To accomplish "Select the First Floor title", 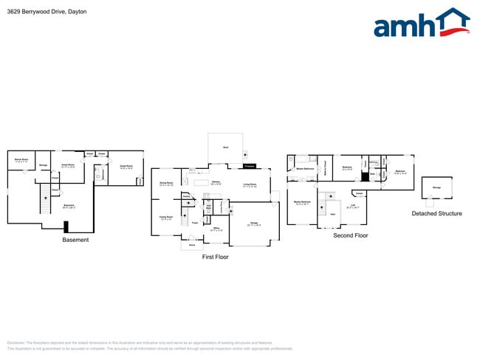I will pyautogui.click(x=216, y=257).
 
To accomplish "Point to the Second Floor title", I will pyautogui.click(x=350, y=236).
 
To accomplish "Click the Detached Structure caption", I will pyautogui.click(x=436, y=214).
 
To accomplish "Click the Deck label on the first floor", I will pyautogui.click(x=225, y=148).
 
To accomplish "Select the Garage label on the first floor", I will pyautogui.click(x=253, y=223).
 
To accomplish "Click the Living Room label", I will pyautogui.click(x=250, y=185).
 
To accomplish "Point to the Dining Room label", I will pyautogui.click(x=166, y=184).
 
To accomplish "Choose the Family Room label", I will pyautogui.click(x=166, y=217).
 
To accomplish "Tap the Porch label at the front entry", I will pyautogui.click(x=191, y=244).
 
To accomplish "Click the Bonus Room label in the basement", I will pyautogui.click(x=21, y=160).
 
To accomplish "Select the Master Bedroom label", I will pyautogui.click(x=302, y=202).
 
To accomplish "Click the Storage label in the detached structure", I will pyautogui.click(x=436, y=188).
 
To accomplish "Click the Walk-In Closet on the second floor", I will pyautogui.click(x=326, y=170).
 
